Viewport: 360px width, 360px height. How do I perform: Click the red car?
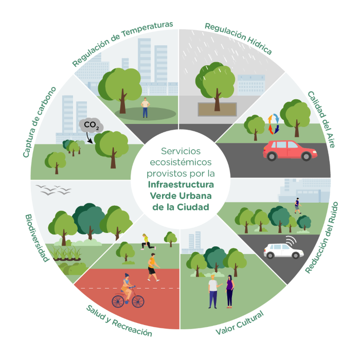point(290,150)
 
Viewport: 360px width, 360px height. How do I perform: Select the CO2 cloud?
point(91,125)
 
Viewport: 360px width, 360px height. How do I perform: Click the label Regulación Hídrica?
point(238,39)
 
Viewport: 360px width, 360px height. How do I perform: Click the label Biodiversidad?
point(37,238)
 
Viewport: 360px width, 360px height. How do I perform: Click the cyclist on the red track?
point(127,289)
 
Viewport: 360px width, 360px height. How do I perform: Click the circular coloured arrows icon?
point(273,125)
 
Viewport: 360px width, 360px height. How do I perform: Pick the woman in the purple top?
point(229,290)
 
